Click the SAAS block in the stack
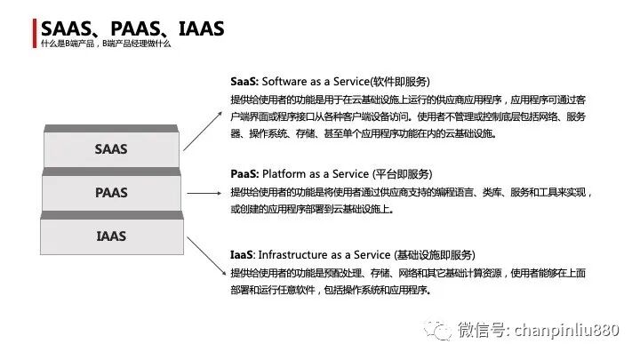[111, 149]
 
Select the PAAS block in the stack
[111, 192]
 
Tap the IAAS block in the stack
[111, 236]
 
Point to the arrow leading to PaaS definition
[203, 192]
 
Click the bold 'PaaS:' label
[244, 174]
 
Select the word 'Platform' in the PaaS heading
[285, 174]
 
